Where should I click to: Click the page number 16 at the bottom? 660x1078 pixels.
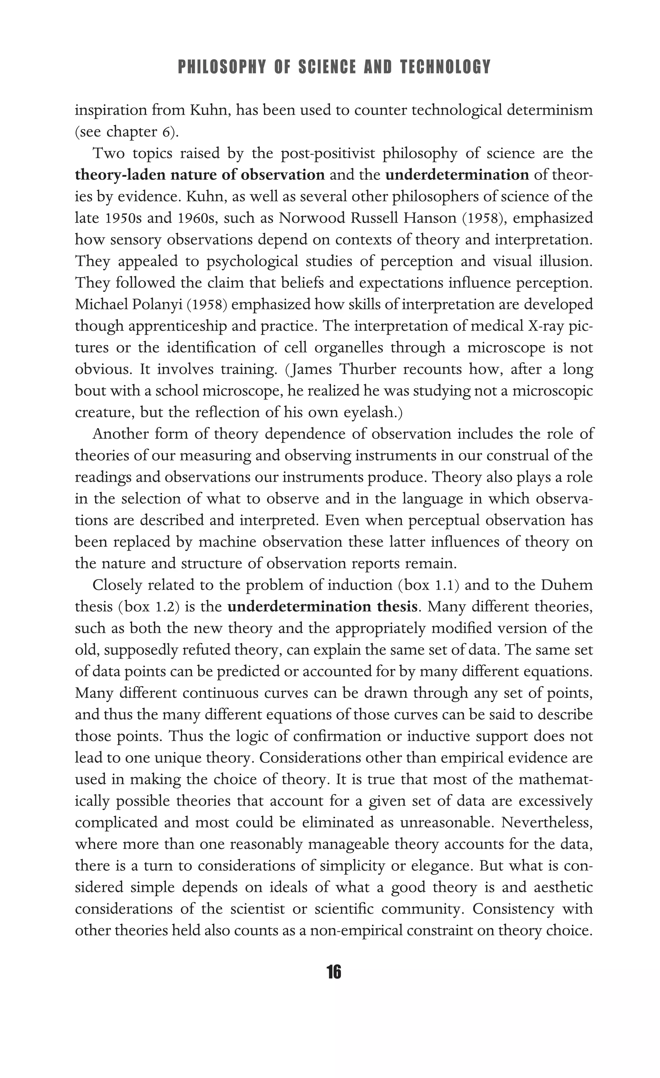click(334, 972)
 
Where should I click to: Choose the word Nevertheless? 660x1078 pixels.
click(547, 823)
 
